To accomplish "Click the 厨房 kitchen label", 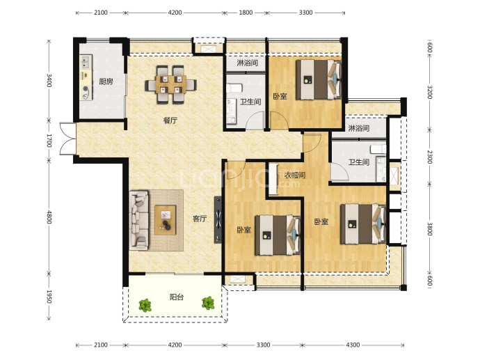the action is point(106,81).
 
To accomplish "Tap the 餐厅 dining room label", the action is point(170,120).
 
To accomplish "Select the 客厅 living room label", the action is point(200,219).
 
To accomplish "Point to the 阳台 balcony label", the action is point(177,297).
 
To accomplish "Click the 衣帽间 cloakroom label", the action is point(295,175).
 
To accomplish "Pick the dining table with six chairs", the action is point(171,84).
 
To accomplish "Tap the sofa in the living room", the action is point(139,220).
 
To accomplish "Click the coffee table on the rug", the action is point(166,220).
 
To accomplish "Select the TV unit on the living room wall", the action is point(218,219).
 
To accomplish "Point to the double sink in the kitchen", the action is point(86,62).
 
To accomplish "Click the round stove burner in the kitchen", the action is point(86,89).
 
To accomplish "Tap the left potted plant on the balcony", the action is point(145,305).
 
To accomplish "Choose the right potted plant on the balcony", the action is point(208,303).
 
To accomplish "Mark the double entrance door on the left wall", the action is point(67,139).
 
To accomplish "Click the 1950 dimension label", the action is point(49,297).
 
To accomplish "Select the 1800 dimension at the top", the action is point(246,13).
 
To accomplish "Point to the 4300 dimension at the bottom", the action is point(353,345).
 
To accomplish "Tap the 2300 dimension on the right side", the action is point(429,157).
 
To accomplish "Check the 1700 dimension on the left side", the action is point(49,141).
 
